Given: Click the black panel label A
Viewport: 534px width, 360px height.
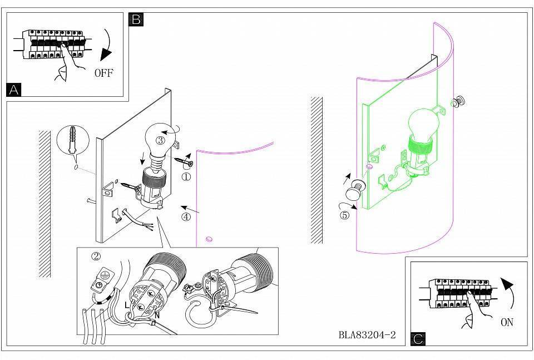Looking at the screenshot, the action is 13,90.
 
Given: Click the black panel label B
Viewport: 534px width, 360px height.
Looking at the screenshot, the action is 136,19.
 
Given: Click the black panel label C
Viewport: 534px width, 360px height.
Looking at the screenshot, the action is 418,339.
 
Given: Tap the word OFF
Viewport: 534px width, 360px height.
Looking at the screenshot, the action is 103,73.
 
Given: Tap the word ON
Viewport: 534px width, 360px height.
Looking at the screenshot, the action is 507,322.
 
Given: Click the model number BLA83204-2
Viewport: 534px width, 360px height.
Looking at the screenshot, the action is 367,335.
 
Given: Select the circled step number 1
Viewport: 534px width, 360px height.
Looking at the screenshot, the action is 186,177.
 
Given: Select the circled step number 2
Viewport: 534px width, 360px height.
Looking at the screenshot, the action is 96,256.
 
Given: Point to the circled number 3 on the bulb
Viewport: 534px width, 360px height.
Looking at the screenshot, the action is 160,140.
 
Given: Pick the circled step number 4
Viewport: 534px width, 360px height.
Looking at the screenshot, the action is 186,216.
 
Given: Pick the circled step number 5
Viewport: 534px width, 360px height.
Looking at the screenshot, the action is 345,215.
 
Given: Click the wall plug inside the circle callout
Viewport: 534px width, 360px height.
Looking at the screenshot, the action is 72,140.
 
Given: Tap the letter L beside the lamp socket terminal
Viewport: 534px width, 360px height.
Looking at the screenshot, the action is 127,305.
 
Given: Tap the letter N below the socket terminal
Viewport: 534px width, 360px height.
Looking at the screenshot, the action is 157,315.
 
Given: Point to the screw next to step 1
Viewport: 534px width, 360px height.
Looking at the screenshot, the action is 184,162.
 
